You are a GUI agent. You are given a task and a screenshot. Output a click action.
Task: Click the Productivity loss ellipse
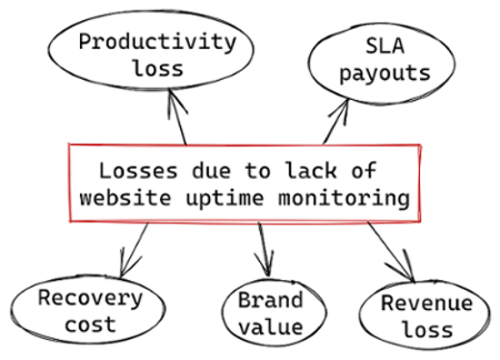155,55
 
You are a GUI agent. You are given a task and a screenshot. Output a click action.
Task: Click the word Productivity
155,41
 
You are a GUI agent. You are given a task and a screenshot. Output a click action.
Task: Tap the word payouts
384,73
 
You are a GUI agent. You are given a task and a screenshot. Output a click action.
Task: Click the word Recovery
89,296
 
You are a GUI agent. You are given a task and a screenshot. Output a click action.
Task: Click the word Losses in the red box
134,170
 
